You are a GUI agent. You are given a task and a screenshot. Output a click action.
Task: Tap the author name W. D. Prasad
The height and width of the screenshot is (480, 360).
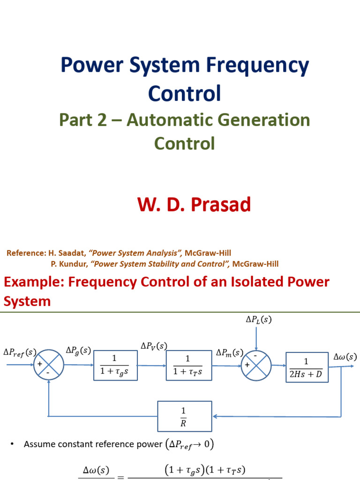pos(194,205)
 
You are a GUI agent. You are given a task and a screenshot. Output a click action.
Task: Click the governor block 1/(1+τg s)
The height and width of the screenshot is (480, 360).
pos(115,365)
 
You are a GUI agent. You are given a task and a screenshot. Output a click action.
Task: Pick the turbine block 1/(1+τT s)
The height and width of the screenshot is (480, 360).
pos(188,365)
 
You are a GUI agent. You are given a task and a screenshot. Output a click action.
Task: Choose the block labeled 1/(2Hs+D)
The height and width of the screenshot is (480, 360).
pos(307,367)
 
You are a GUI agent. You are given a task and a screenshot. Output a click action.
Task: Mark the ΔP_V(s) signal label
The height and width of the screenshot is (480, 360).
pos(154,346)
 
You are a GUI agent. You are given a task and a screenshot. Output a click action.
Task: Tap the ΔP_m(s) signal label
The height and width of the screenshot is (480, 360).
pos(230,352)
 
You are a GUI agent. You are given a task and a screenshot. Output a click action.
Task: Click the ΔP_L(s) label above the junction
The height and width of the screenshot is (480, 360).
pos(258,320)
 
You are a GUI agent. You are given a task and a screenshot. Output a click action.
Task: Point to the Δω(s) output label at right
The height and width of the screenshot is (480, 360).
pos(345,357)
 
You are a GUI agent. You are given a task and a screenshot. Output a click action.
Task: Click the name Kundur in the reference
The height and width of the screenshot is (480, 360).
pos(71,264)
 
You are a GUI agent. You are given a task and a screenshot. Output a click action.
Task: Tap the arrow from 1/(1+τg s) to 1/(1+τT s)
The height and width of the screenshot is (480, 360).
pos(151,366)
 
